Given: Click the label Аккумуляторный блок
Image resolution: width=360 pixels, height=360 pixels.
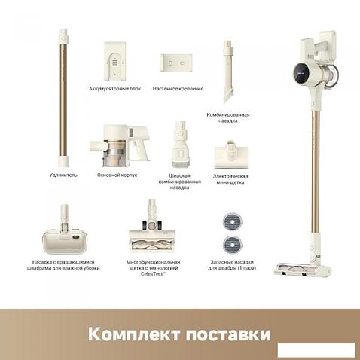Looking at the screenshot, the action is point(115,89).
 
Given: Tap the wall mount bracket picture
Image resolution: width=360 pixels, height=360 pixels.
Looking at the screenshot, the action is point(176,63).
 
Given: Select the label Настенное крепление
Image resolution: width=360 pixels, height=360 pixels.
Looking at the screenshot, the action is point(178,89).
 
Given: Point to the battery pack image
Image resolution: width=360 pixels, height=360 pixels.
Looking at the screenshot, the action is point(114,61).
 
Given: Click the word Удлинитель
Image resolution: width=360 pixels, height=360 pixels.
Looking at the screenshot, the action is point(63,175).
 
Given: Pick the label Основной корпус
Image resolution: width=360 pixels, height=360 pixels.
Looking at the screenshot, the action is point(117,175).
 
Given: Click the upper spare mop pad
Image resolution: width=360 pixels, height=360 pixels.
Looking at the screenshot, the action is point(232,222).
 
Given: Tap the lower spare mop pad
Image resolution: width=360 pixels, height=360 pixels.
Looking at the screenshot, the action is point(232,245).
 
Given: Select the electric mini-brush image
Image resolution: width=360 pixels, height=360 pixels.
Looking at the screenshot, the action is point(231,154).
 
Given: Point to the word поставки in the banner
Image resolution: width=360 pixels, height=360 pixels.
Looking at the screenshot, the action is point(228,334).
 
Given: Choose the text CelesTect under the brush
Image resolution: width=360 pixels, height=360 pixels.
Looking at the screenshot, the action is point(153,274).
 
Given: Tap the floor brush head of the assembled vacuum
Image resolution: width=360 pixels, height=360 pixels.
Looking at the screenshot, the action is point(301,270).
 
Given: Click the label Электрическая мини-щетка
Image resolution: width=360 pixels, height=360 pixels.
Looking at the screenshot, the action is point(230,179).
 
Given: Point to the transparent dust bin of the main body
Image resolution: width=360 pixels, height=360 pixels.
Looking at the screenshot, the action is point(114,153).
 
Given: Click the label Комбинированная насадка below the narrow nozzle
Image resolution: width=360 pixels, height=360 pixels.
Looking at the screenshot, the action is point(228,117).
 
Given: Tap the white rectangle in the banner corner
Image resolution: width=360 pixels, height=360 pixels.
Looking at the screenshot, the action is point(316,350).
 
